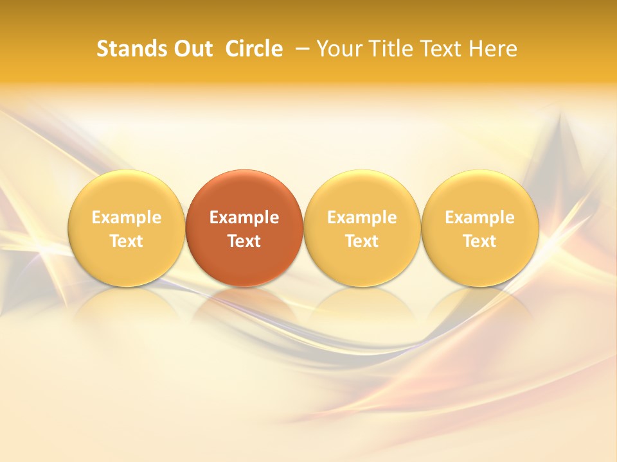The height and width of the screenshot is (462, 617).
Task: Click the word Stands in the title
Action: [126, 49]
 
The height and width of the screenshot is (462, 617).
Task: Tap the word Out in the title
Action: [192, 49]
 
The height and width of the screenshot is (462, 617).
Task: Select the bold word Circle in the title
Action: [254, 49]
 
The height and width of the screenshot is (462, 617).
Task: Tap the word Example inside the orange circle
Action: [244, 218]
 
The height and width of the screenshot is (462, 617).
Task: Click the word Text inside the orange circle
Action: [244, 241]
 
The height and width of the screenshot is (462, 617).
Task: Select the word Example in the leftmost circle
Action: [126, 218]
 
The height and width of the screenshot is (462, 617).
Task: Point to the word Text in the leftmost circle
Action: [126, 241]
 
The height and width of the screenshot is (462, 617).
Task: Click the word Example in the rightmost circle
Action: [480, 218]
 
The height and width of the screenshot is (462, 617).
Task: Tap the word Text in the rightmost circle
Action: [480, 241]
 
